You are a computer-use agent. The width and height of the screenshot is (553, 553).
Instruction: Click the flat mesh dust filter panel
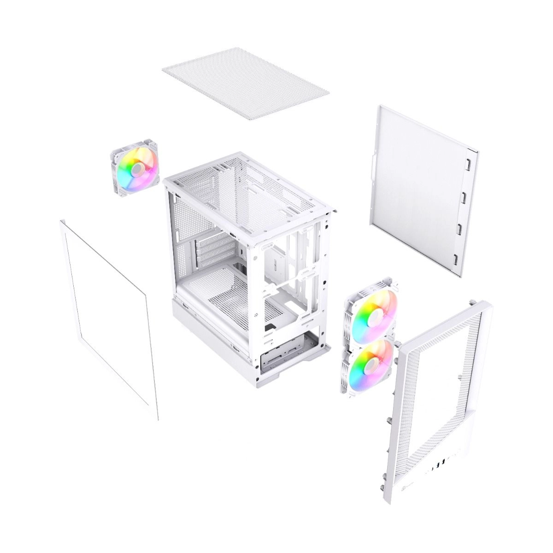tap(246, 83)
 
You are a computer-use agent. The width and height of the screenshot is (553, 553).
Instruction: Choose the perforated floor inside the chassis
tap(230, 295)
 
